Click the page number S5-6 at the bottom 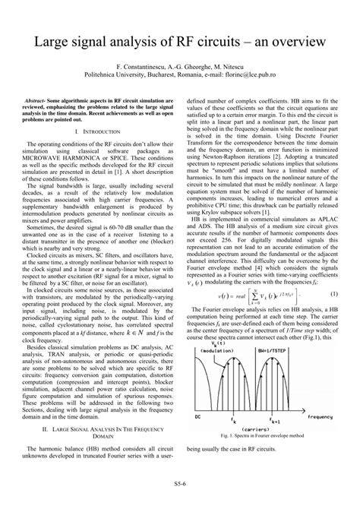(x=180, y=492)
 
